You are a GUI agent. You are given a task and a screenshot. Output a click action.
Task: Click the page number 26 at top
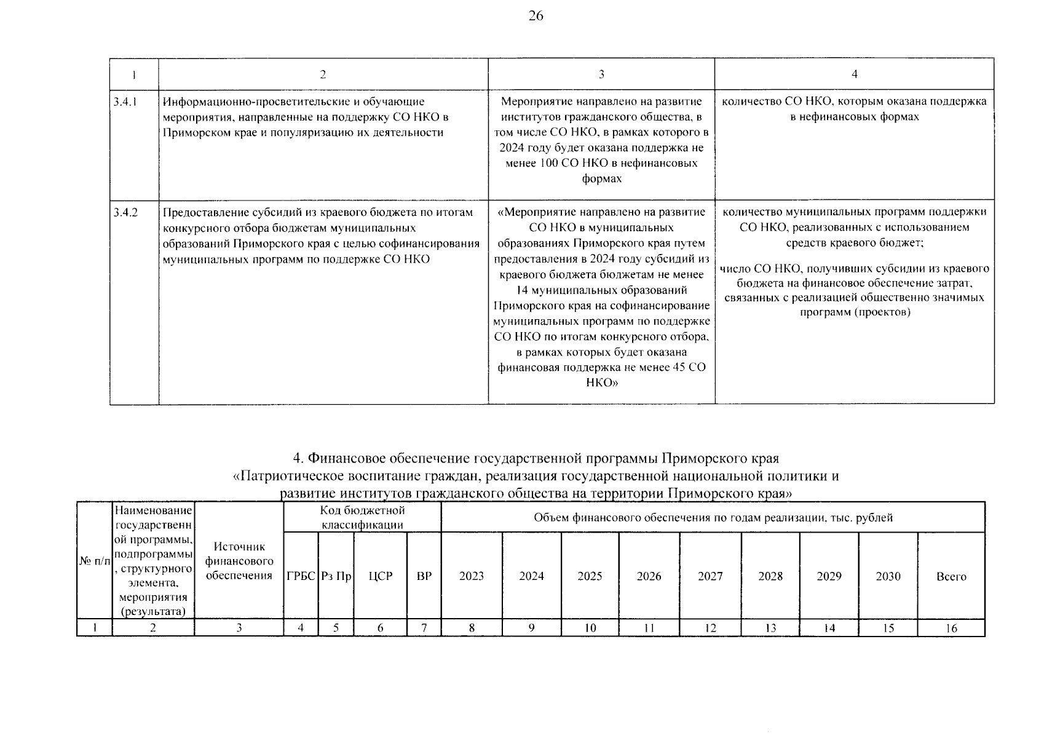(536, 16)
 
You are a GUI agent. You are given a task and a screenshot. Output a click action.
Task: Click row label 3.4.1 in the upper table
(125, 101)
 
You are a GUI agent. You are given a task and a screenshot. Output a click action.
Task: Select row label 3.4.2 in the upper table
(125, 212)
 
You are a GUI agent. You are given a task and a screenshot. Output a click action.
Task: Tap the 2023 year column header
(471, 576)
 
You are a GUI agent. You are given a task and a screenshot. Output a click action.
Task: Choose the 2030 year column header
(888, 576)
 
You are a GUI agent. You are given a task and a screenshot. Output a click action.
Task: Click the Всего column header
(951, 577)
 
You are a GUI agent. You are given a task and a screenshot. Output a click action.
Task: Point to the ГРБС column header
(301, 576)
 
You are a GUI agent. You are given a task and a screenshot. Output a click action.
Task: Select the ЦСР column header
(381, 576)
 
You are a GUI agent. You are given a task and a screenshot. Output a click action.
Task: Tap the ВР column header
(424, 576)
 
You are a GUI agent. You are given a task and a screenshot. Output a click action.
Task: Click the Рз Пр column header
(336, 576)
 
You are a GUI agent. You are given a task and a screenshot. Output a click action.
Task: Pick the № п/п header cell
(94, 561)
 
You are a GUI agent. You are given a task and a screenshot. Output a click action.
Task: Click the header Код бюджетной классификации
(362, 517)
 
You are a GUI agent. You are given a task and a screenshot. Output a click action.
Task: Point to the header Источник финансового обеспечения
(239, 561)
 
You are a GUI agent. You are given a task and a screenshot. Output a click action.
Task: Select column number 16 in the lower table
(951, 628)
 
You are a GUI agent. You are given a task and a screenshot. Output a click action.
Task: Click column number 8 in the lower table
(471, 628)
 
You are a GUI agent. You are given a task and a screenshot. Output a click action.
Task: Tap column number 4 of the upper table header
(854, 74)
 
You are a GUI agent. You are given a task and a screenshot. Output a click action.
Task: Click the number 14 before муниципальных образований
(523, 290)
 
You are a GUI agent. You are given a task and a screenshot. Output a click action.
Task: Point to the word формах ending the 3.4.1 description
(601, 179)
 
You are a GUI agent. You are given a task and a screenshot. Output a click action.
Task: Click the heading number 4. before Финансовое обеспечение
(298, 459)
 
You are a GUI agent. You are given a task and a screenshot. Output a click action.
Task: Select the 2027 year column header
(710, 576)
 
